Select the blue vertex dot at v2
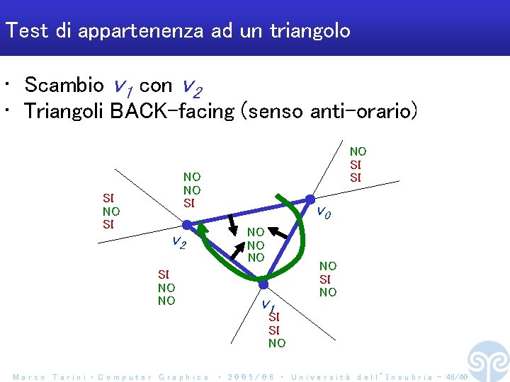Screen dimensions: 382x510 point(186,225)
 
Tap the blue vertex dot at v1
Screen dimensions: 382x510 point(263,284)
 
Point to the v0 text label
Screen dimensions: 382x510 point(324,212)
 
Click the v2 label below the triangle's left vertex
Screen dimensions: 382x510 point(179,243)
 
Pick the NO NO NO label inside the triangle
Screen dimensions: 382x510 point(256,245)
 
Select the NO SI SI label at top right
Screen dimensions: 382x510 point(358,164)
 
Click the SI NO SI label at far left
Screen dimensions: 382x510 point(111,212)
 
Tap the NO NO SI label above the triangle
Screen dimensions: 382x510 point(192,190)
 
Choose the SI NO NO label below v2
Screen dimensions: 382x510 point(166,287)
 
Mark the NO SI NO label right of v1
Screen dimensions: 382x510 point(328,279)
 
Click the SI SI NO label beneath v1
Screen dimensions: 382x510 point(277,330)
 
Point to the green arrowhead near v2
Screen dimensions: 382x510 point(202,231)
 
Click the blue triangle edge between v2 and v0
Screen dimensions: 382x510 point(248,212)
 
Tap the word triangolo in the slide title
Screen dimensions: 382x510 point(310,30)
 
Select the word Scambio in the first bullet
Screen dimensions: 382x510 point(64,86)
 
